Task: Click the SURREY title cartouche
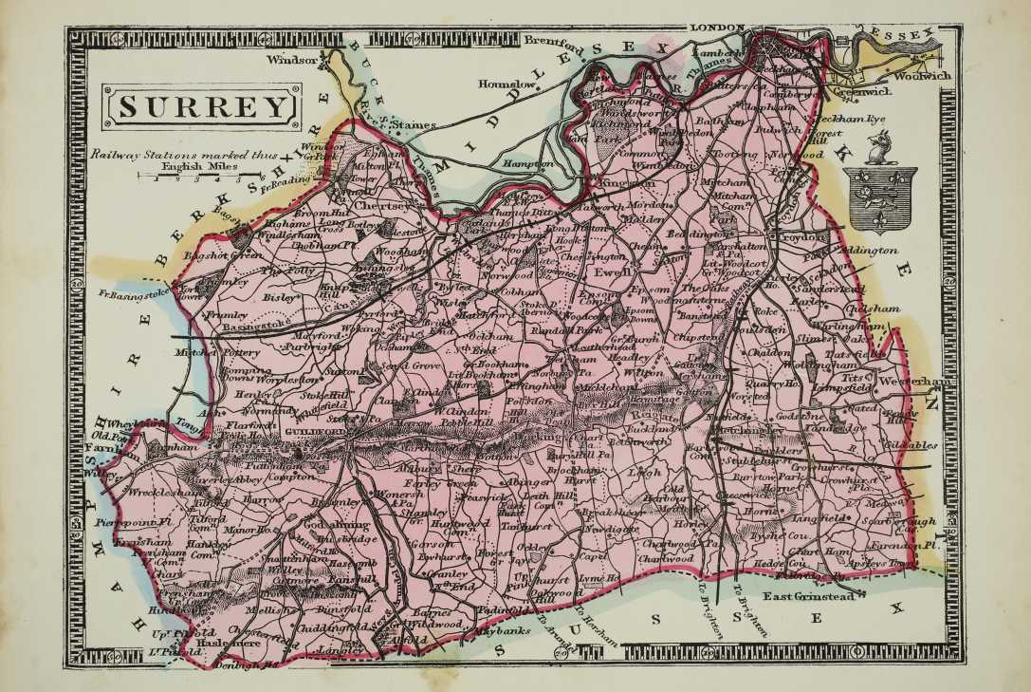point(202,106)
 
